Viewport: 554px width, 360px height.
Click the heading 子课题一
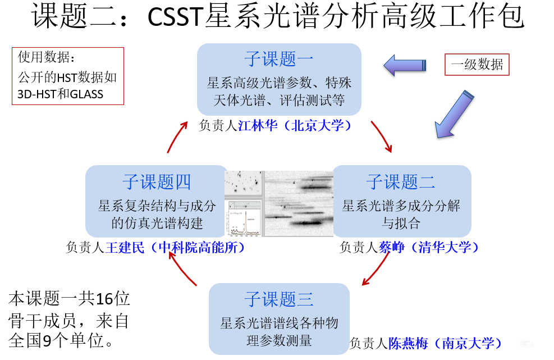coord(278,59)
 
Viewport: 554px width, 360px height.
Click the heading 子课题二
coord(401,181)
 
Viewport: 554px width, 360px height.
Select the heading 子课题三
coord(278,299)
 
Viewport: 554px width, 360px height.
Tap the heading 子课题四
coord(157,181)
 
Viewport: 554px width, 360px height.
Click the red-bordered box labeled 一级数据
coord(477,65)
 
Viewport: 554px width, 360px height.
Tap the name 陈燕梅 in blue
coord(408,343)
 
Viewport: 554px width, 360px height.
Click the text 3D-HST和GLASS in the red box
coord(60,94)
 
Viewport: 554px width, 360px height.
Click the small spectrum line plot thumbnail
coord(244,220)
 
